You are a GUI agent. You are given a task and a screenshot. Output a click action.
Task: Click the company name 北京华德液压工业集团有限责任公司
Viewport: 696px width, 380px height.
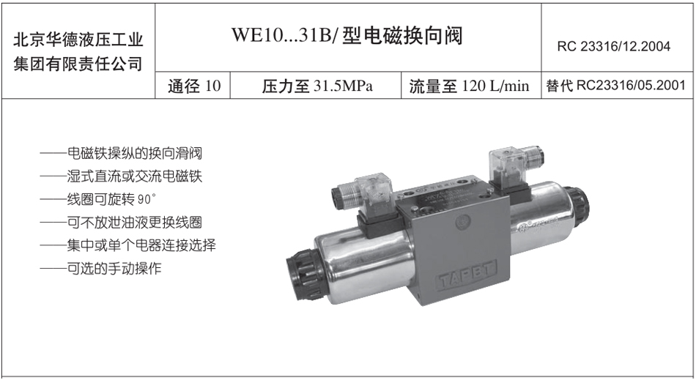click(x=78, y=51)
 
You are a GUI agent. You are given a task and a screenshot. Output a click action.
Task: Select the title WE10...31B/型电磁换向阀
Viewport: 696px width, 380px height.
click(x=347, y=35)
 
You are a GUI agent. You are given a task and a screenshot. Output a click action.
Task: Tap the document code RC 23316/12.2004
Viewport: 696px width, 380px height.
click(x=613, y=46)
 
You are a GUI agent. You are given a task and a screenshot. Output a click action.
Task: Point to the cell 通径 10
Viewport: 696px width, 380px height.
click(x=194, y=86)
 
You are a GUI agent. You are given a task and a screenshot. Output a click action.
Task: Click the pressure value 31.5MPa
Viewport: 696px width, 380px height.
click(x=343, y=86)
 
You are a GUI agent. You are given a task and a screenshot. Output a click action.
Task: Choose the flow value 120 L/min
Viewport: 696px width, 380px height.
click(x=495, y=86)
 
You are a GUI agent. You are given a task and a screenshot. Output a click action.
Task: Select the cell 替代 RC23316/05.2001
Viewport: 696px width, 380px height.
click(x=615, y=85)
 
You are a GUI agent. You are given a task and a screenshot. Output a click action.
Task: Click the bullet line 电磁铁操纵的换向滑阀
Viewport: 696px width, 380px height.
click(x=121, y=154)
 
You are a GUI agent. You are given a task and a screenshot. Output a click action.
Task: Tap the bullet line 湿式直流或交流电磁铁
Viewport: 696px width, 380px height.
click(x=121, y=176)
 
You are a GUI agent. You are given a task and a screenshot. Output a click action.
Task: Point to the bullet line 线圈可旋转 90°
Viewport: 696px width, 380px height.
click(x=98, y=200)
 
